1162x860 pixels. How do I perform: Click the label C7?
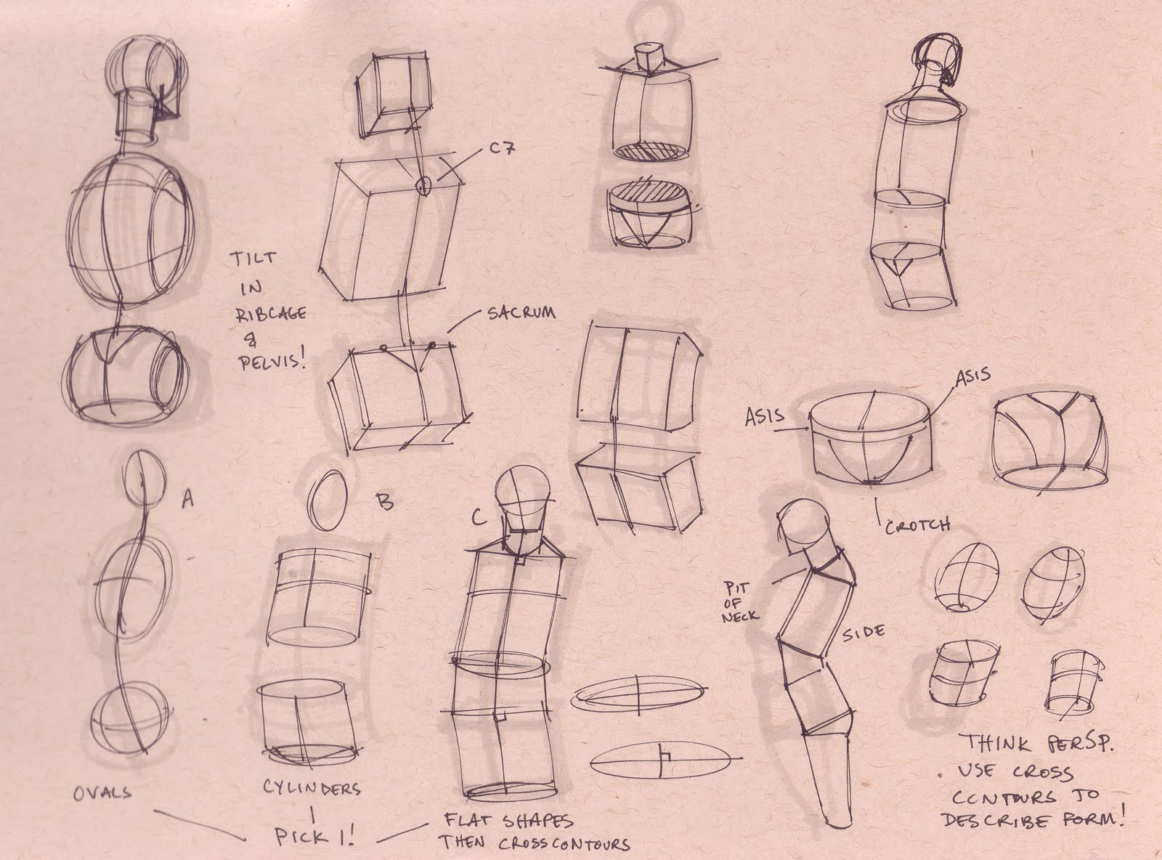click(x=502, y=149)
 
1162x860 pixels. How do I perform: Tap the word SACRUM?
click(x=521, y=313)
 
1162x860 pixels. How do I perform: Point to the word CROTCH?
click(x=917, y=526)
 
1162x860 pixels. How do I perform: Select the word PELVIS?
click(x=272, y=362)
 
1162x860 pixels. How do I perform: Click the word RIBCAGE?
click(x=270, y=314)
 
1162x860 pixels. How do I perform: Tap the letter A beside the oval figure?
click(x=187, y=500)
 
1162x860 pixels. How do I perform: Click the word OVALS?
click(x=102, y=793)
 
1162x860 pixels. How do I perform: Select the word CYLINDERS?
click(x=312, y=789)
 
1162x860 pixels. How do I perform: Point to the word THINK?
click(x=997, y=743)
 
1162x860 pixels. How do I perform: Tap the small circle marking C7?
click(x=423, y=185)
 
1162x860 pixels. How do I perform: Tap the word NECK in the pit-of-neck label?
click(x=740, y=616)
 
